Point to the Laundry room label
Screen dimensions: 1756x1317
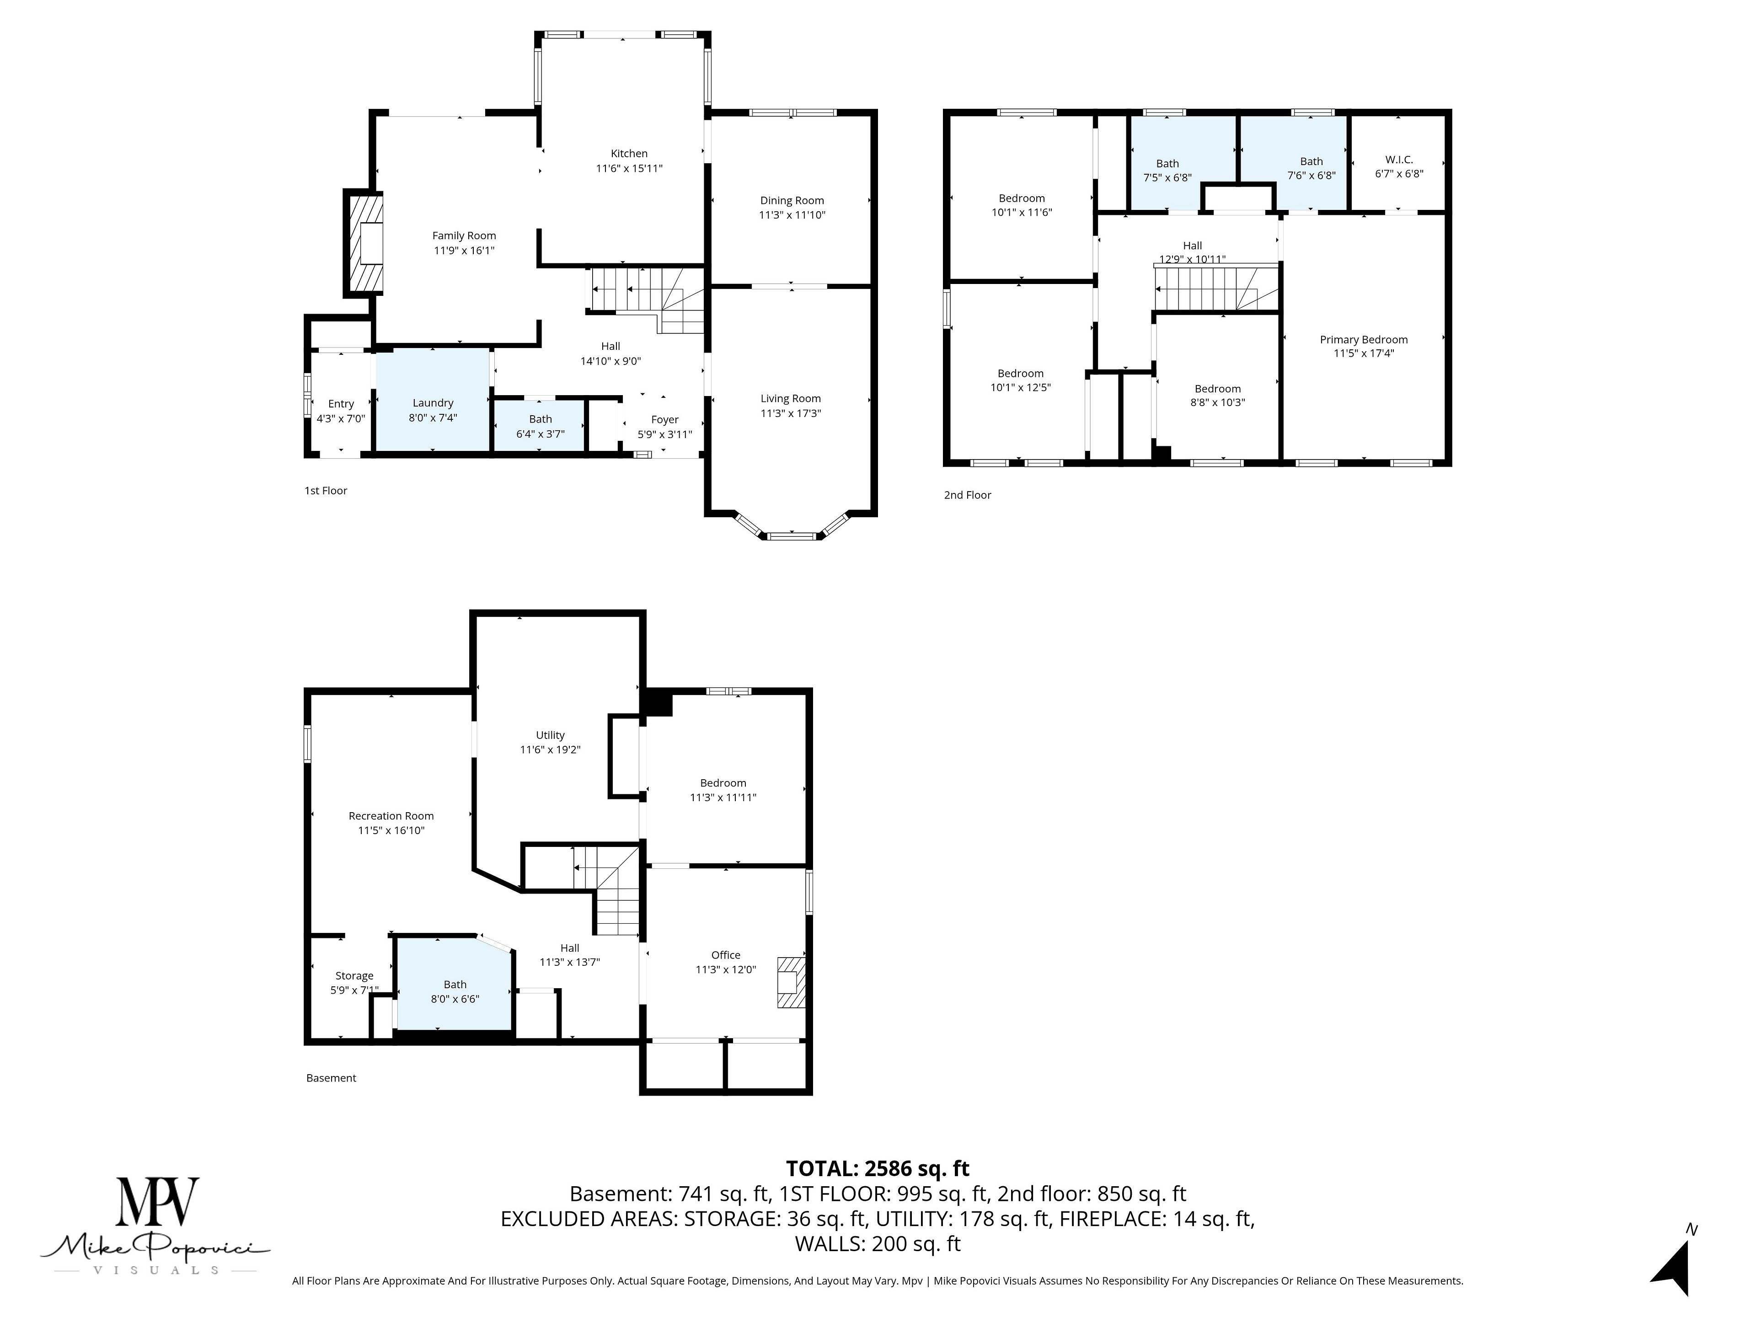(x=433, y=403)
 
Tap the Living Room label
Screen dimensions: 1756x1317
(x=791, y=398)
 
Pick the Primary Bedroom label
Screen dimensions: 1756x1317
(x=1364, y=340)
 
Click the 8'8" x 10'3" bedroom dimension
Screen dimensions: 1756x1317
(x=1218, y=402)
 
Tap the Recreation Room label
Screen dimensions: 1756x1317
(x=391, y=816)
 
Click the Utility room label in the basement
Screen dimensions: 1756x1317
(x=550, y=735)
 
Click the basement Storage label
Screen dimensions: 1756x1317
(x=354, y=976)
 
